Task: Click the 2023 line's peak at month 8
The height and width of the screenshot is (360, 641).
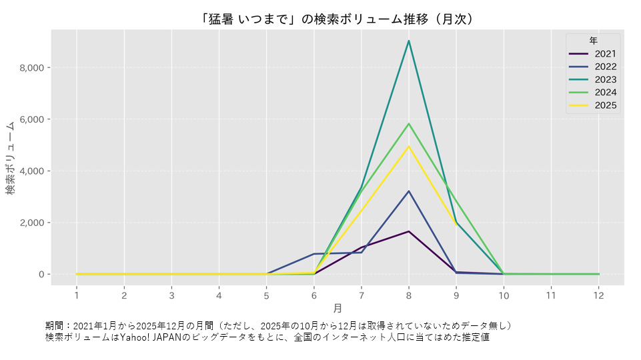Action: click(x=408, y=41)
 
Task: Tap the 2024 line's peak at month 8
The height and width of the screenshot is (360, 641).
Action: click(x=408, y=124)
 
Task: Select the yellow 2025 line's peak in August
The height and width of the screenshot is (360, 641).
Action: click(x=408, y=147)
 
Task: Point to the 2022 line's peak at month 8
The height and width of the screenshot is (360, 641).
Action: click(x=408, y=191)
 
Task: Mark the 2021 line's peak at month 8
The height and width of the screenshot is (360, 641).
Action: click(x=408, y=231)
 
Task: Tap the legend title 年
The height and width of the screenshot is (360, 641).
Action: click(x=593, y=41)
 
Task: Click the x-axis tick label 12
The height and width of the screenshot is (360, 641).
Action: click(x=598, y=295)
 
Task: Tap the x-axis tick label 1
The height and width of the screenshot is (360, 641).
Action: click(x=77, y=295)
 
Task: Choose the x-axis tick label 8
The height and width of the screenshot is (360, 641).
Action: click(x=408, y=295)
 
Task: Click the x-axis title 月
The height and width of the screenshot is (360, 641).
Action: click(x=338, y=309)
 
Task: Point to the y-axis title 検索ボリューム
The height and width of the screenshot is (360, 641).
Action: click(x=11, y=158)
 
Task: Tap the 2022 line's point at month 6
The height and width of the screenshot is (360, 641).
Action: click(x=313, y=254)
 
